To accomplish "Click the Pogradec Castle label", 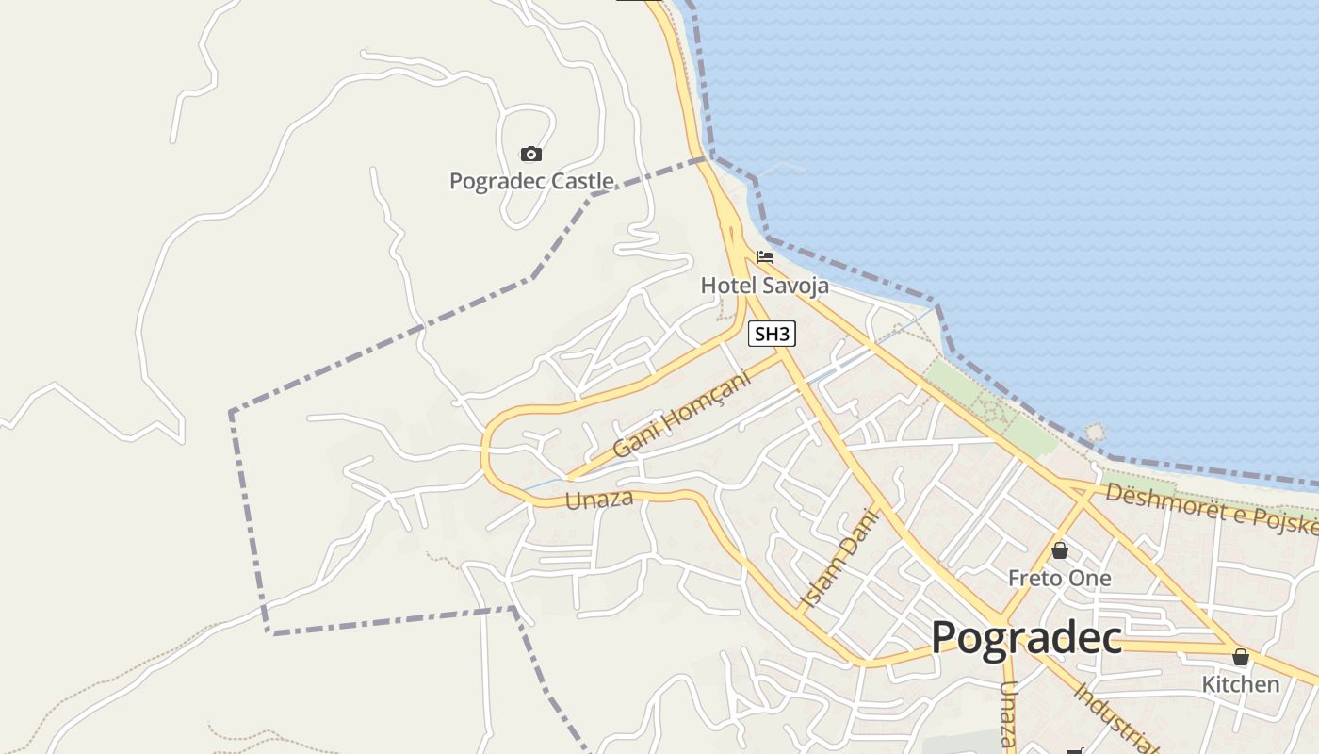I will coord(531,181).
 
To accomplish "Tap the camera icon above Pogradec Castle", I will coord(531,154).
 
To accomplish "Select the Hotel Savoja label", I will coord(764,285).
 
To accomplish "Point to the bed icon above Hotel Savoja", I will coord(764,256).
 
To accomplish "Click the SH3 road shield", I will coord(773,334).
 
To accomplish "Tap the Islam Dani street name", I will coord(839,558).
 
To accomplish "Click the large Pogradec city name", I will coord(1026,638).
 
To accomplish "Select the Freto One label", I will coord(1059,578).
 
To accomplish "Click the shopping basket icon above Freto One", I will coord(1060,550).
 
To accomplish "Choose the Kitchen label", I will coord(1240,684).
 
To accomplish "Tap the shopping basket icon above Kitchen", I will coord(1241,657).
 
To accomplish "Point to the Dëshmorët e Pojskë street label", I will coord(1211,510).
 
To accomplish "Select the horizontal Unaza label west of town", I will coord(599,500).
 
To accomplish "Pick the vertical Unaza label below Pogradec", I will coord(1008,716).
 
